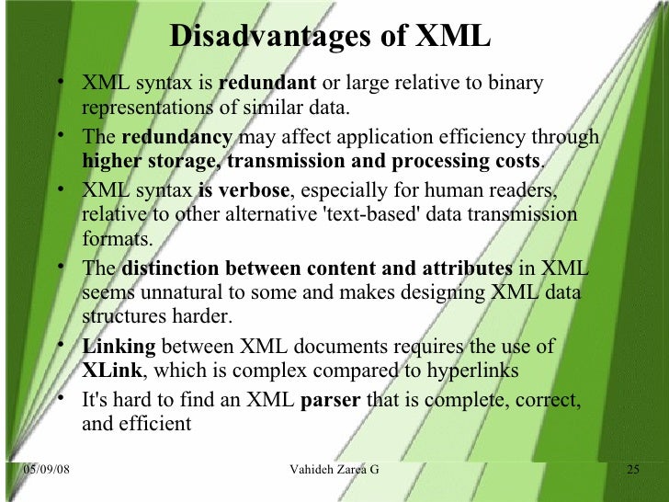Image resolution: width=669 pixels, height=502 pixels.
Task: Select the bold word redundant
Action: pyautogui.click(x=267, y=84)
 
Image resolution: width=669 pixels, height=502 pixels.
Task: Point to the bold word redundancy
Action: pyautogui.click(x=177, y=138)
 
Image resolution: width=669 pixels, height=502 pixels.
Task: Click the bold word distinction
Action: pyautogui.click(x=172, y=268)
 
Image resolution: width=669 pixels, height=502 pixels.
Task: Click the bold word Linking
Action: pyautogui.click(x=119, y=347)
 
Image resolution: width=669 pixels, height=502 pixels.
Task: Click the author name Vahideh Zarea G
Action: pyautogui.click(x=334, y=471)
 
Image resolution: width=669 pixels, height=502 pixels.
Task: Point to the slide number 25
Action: pyautogui.click(x=632, y=471)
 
